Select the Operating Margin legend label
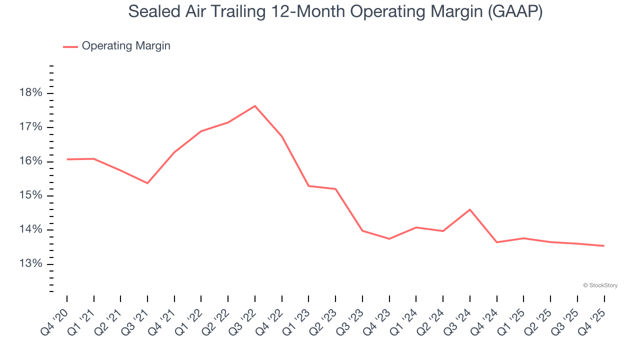pos(126,46)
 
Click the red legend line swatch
pos(70,46)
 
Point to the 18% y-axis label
pos(30,93)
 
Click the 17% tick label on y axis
pos(30,127)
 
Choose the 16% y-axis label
pos(30,161)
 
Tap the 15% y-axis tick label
pos(30,195)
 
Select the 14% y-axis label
pos(30,229)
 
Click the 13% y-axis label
pos(30,264)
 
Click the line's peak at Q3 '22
pos(255,106)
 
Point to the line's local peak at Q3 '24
pos(470,209)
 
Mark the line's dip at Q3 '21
pos(147,183)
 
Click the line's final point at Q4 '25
pos(604,245)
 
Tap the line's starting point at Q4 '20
pos(67,159)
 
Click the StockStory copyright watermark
pos(600,285)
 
